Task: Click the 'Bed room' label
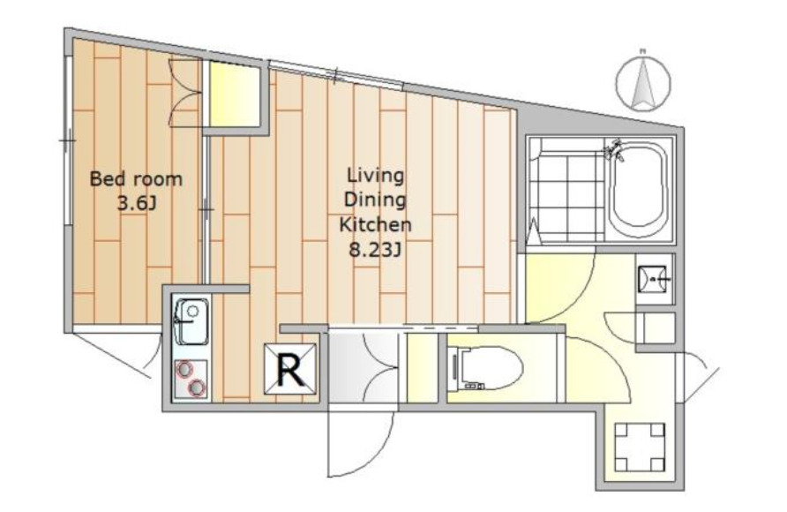(136, 179)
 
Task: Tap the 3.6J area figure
(137, 203)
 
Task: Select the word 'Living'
(376, 177)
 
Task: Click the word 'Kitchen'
(376, 224)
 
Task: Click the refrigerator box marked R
(290, 368)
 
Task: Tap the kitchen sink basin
(191, 321)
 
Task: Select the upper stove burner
(184, 370)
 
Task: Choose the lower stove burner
(197, 387)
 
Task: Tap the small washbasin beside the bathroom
(654, 279)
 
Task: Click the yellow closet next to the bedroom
(235, 94)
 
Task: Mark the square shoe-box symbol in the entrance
(640, 448)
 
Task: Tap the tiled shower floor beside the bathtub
(567, 192)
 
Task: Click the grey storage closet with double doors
(364, 367)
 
